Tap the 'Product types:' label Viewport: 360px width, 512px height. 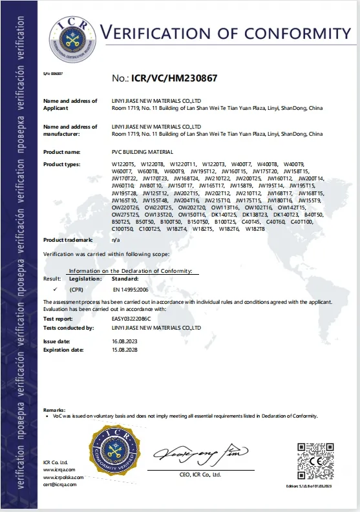click(61, 164)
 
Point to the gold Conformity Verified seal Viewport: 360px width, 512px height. click(114, 455)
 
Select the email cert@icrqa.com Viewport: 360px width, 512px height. click(59, 484)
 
